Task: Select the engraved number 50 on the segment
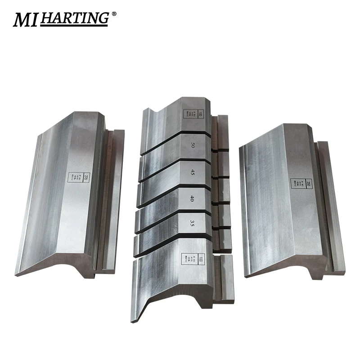tap(192, 145)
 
